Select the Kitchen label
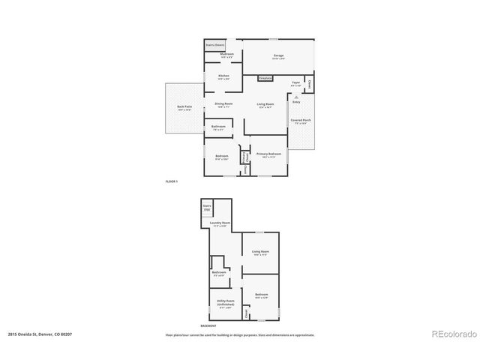click(x=223, y=77)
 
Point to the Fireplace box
click(x=265, y=78)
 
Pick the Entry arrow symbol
click(x=297, y=97)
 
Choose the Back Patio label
click(x=184, y=108)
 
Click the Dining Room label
click(x=223, y=105)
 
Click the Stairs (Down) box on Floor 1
click(x=215, y=45)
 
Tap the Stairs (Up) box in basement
click(x=207, y=207)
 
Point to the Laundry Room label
click(x=220, y=223)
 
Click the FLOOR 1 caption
click(x=172, y=181)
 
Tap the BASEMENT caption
click(x=208, y=325)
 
